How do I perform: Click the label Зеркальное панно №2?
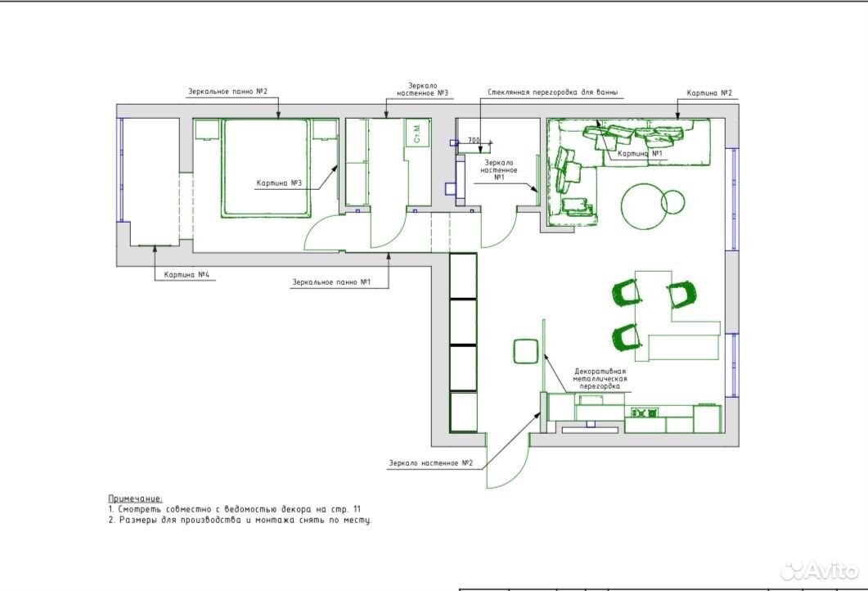[x=227, y=92]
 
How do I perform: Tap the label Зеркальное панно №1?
[x=331, y=282]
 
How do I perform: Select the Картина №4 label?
[x=187, y=275]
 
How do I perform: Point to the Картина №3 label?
[x=279, y=183]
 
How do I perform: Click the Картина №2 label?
[x=709, y=93]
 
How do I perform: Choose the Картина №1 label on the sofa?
[x=641, y=153]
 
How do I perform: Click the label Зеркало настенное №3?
[x=422, y=90]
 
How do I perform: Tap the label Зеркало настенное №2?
[x=430, y=463]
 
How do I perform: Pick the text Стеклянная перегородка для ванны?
[x=553, y=92]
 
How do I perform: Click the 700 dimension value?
[x=474, y=141]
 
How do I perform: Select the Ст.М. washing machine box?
[x=417, y=133]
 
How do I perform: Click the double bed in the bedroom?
[x=265, y=167]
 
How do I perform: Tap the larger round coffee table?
[x=643, y=205]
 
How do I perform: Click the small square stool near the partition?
[x=526, y=351]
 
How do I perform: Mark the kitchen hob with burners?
[x=645, y=413]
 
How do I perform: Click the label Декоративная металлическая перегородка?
[x=600, y=379]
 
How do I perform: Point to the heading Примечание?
[x=135, y=499]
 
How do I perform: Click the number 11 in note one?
[x=357, y=509]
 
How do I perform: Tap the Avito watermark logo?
[x=820, y=570]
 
